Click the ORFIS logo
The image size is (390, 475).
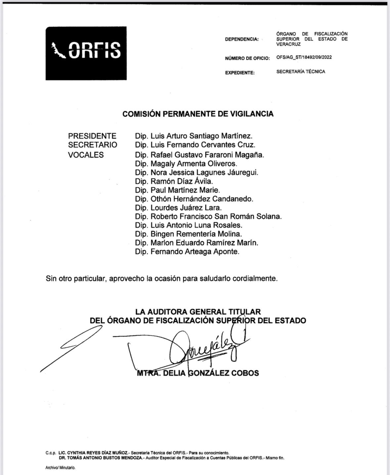pyautogui.click(x=86, y=53)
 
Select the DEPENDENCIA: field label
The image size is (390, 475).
pyautogui.click(x=242, y=39)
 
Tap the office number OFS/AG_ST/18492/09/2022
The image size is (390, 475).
pyautogui.click(x=304, y=57)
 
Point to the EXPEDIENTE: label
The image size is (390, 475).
pyautogui.click(x=240, y=73)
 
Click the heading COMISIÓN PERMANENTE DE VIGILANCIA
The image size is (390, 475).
pyautogui.click(x=198, y=114)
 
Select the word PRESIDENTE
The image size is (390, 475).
pyautogui.click(x=92, y=136)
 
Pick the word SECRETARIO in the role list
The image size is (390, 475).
pyautogui.click(x=93, y=145)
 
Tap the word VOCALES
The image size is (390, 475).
pyautogui.click(x=86, y=155)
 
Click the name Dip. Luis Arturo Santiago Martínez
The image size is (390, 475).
pyautogui.click(x=194, y=136)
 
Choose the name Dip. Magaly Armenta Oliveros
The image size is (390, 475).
pyautogui.click(x=186, y=163)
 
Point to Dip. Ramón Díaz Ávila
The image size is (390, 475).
pyautogui.click(x=174, y=181)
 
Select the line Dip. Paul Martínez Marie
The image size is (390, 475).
pyautogui.click(x=177, y=190)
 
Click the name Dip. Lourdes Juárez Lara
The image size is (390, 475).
pyautogui.click(x=178, y=208)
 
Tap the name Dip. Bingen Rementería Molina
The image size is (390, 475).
pyautogui.click(x=188, y=234)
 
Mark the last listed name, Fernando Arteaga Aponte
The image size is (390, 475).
pyautogui.click(x=195, y=252)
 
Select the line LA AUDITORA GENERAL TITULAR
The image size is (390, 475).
pyautogui.click(x=198, y=312)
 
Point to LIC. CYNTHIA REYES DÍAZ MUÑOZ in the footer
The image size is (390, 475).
pyautogui.click(x=94, y=453)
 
